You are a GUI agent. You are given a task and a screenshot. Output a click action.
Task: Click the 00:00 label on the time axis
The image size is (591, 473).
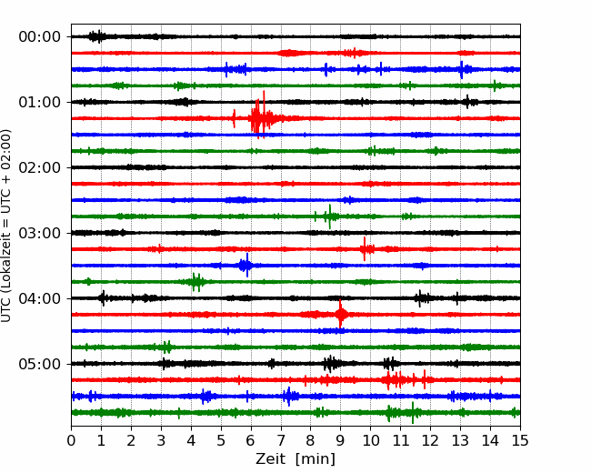click(x=39, y=36)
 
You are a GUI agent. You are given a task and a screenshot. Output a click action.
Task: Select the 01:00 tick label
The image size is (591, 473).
click(x=39, y=102)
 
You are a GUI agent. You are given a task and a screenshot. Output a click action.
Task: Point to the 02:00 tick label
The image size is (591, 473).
click(x=39, y=167)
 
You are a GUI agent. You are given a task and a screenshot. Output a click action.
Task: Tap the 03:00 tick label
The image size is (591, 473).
click(x=39, y=233)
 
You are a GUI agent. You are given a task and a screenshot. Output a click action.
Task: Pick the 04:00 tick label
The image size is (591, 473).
click(x=39, y=298)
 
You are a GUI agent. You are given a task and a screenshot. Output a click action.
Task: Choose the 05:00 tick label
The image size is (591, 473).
click(x=39, y=364)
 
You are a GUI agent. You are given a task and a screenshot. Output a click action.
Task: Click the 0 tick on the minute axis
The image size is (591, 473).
click(x=72, y=441)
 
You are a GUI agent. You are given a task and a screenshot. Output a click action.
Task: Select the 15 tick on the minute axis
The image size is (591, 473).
click(x=519, y=441)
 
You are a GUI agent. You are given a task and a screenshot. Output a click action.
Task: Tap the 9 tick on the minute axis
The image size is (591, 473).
click(x=340, y=441)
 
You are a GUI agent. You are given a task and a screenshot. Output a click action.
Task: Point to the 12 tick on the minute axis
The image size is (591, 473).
click(x=430, y=441)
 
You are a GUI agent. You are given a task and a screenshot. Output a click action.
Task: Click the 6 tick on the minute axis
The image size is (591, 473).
click(x=251, y=441)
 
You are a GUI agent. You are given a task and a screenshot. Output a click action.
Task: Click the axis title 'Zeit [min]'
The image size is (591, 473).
click(x=295, y=459)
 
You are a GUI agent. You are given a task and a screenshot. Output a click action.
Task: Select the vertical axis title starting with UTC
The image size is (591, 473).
click(x=7, y=226)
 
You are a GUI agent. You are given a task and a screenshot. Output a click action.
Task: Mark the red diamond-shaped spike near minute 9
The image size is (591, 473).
click(x=341, y=315)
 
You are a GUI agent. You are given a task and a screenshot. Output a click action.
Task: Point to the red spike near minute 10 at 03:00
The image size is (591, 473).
click(x=365, y=248)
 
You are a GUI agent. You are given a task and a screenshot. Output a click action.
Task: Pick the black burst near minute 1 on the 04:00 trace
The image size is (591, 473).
click(x=103, y=297)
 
